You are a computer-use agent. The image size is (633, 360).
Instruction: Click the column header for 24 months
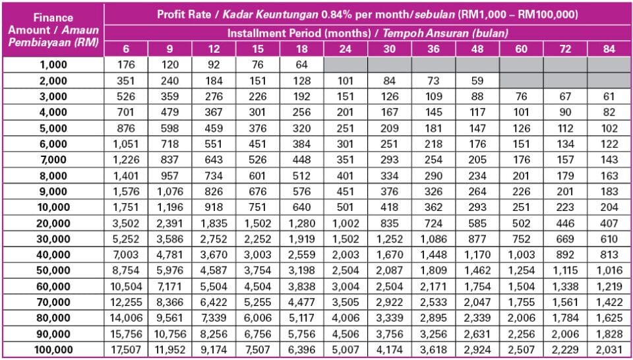pyautogui.click(x=346, y=49)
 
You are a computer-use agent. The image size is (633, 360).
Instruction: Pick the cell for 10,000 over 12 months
pyautogui.click(x=213, y=207)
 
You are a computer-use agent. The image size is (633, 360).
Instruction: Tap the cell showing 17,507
pyautogui.click(x=125, y=349)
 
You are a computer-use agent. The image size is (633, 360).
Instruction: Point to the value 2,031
pyautogui.click(x=609, y=349)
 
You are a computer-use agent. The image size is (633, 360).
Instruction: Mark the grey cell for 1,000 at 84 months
pyautogui.click(x=609, y=65)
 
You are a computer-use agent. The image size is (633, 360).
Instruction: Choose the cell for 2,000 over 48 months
pyautogui.click(x=477, y=80)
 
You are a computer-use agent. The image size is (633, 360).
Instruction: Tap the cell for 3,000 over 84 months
pyautogui.click(x=609, y=96)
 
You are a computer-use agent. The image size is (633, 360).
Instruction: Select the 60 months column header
pyautogui.click(x=521, y=49)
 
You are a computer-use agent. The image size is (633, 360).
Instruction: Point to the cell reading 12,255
pyautogui.click(x=125, y=301)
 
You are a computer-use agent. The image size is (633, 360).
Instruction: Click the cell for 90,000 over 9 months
pyautogui.click(x=169, y=333)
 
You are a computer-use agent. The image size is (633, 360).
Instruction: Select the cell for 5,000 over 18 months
pyautogui.click(x=301, y=128)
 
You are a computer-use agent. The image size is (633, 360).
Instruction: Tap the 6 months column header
pyautogui.click(x=125, y=49)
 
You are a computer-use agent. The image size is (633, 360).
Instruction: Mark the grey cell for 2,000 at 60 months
pyautogui.click(x=521, y=80)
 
